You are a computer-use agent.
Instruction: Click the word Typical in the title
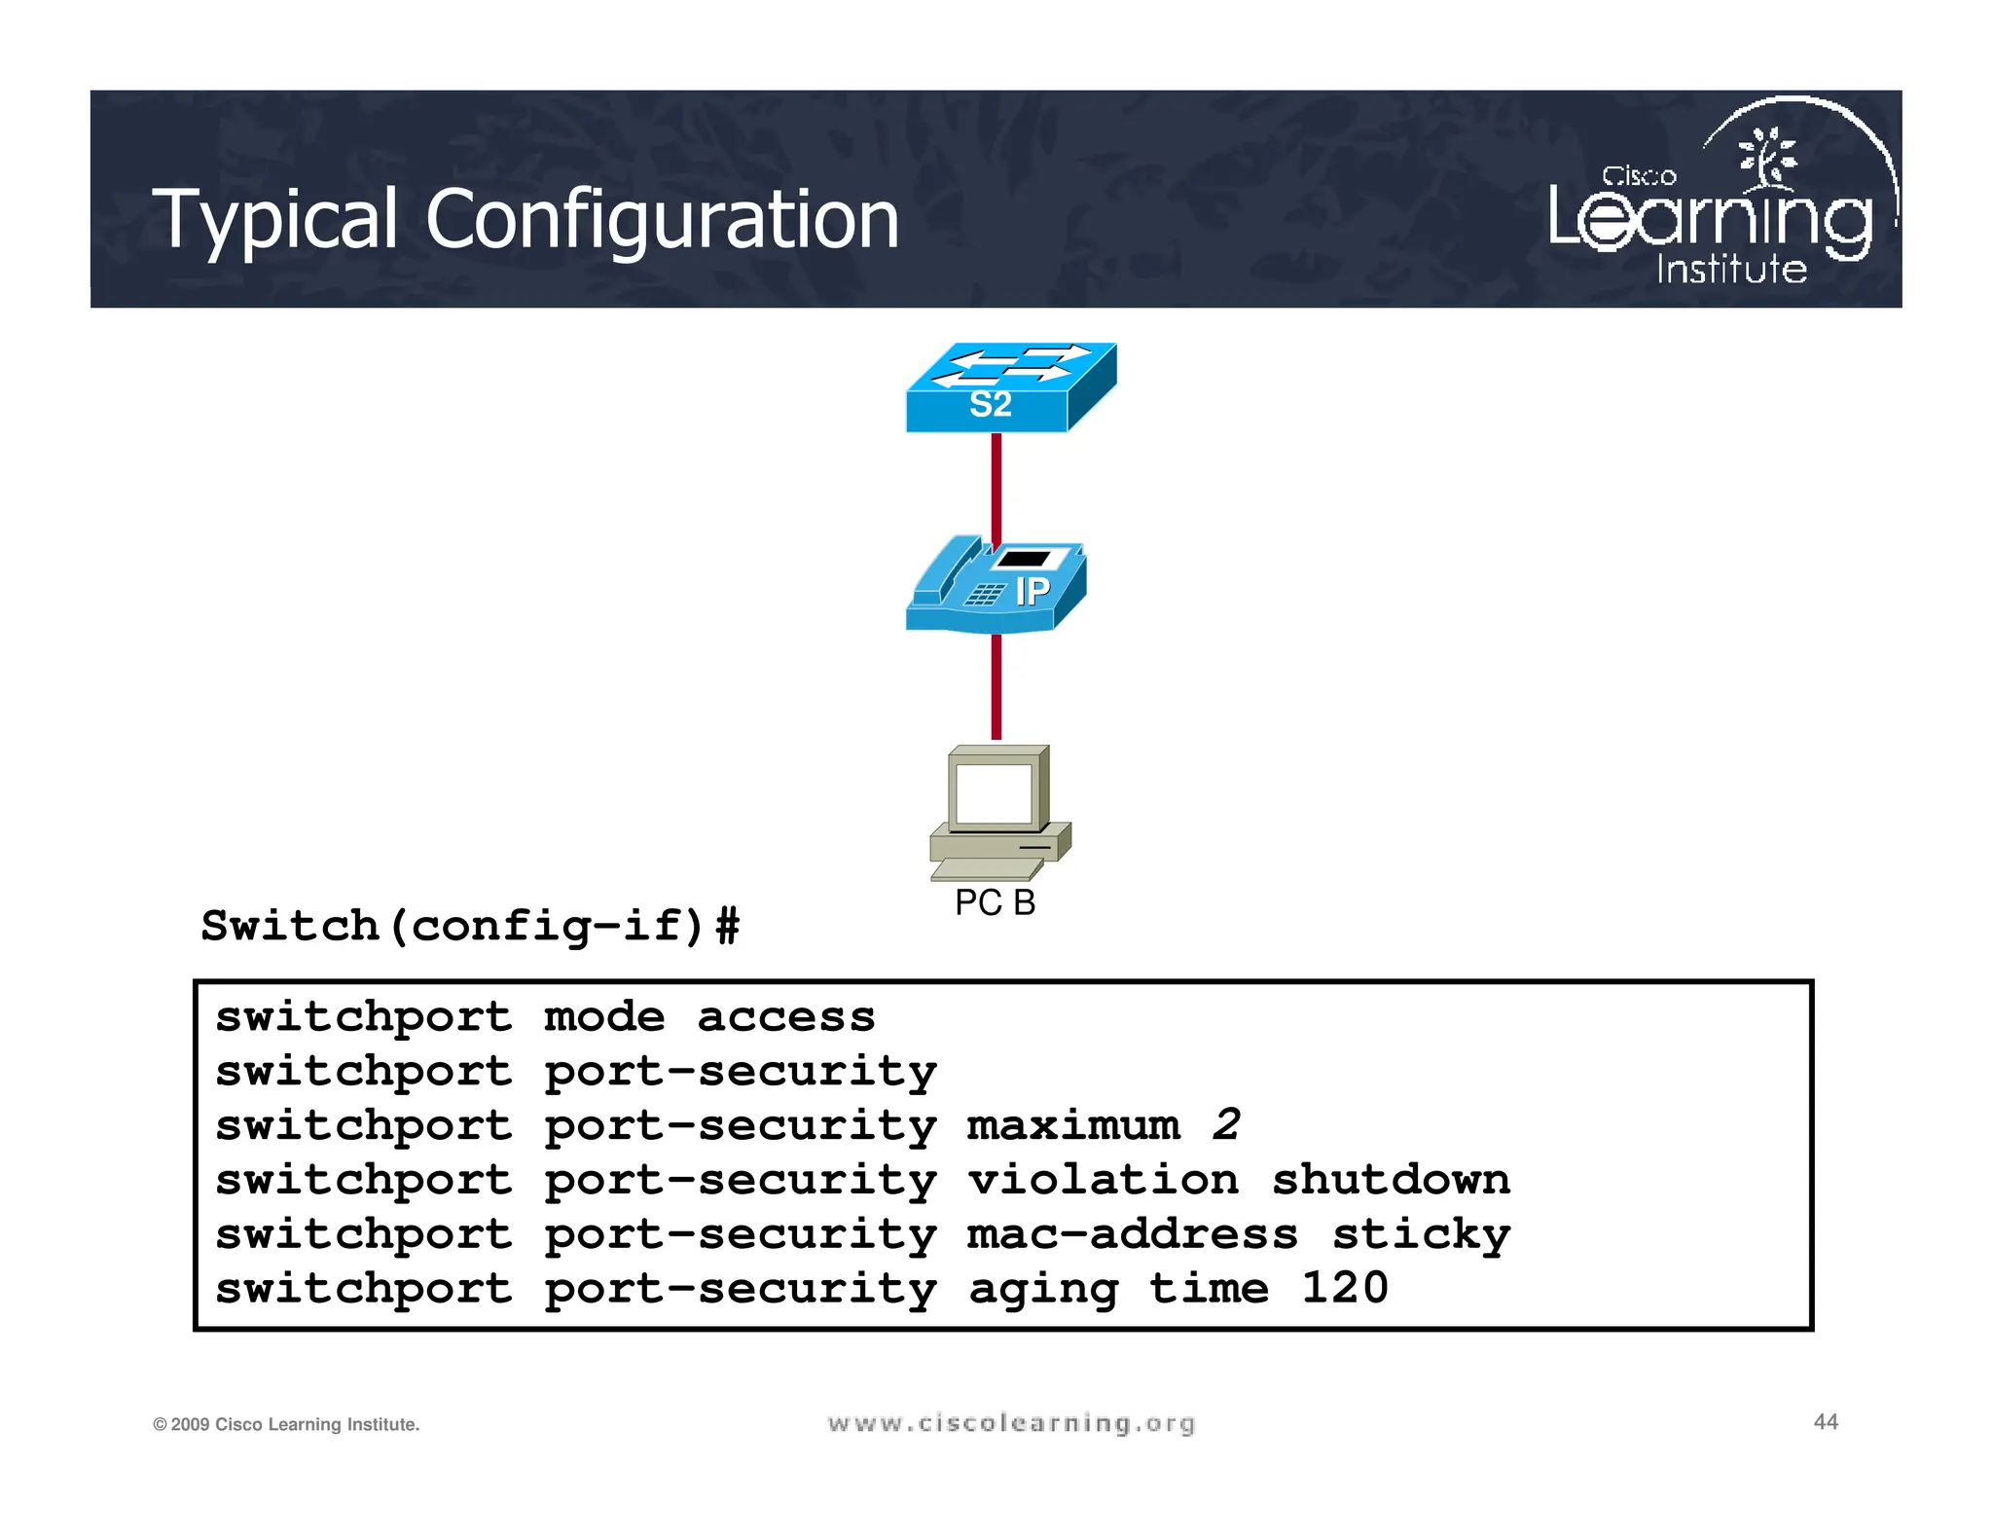coord(275,220)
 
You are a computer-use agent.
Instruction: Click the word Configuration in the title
coord(662,220)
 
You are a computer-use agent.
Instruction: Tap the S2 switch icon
coord(1009,388)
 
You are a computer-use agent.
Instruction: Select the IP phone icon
coord(996,587)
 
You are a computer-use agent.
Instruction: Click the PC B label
coord(995,902)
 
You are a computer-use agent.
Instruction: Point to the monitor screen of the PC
coord(994,793)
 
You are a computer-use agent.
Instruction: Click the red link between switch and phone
coord(996,489)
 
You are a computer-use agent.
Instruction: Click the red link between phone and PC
coord(996,687)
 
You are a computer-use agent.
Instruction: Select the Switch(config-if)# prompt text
coord(470,926)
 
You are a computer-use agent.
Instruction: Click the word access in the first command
coord(786,1017)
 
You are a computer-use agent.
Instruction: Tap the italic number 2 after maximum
coord(1226,1125)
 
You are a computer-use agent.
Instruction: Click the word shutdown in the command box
coord(1391,1180)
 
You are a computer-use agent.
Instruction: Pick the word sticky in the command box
coord(1421,1234)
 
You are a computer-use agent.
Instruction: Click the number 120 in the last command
coord(1345,1288)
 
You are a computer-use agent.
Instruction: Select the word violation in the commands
coord(1103,1180)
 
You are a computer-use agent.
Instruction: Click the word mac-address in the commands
coord(1132,1234)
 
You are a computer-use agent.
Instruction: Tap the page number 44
coord(1826,1422)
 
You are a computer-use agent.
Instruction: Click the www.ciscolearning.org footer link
coord(1011,1423)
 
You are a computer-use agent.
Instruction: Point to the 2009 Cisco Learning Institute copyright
coord(286,1424)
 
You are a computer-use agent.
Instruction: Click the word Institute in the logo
coord(1731,269)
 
